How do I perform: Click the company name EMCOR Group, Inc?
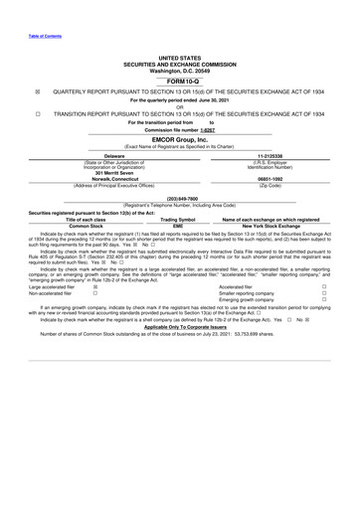coord(179,112)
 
